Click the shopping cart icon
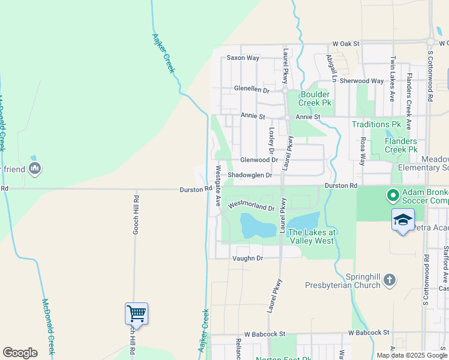pos(136,313)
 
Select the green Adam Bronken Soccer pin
pos(393,195)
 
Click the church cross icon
pos(390,279)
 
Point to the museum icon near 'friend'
pos(35,169)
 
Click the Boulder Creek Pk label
pos(315,99)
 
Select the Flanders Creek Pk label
pos(401,145)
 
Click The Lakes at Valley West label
pos(311,236)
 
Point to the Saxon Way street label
pos(243,58)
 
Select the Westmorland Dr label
pos(251,206)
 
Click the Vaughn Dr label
pos(247,258)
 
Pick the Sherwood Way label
pos(361,81)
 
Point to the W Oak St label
pos(346,44)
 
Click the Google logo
pos(20,353)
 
